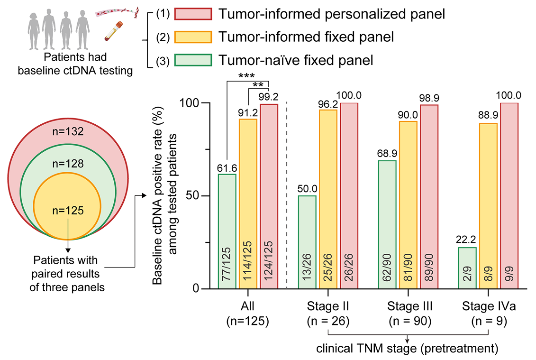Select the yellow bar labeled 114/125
pyautogui.click(x=248, y=204)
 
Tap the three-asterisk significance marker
pyautogui.click(x=248, y=76)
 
